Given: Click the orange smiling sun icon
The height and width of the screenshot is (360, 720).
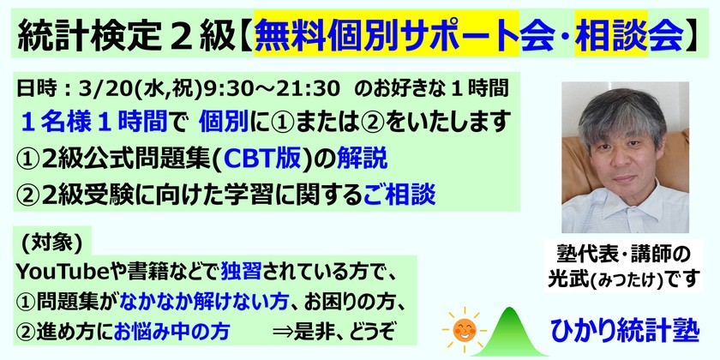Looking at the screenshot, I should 463,329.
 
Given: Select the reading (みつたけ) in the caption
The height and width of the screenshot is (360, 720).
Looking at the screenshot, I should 630,279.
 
